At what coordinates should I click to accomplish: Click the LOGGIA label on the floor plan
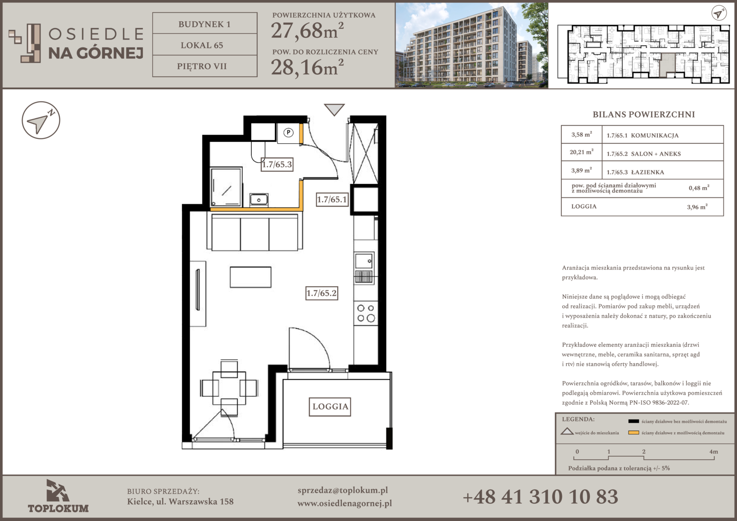point(330,407)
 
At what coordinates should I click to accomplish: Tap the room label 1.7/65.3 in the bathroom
point(277,164)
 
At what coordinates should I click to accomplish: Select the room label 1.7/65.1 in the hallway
point(332,199)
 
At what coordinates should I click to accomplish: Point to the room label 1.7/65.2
point(322,293)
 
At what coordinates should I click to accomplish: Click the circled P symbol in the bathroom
point(288,133)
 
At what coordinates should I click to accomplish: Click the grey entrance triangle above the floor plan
point(334,110)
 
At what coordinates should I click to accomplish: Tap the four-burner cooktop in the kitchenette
point(366,313)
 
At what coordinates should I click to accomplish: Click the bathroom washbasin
point(259,199)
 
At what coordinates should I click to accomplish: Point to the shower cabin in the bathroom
point(226,187)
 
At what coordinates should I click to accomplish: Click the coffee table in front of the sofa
point(251,277)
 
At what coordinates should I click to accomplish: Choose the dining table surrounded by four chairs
point(229,388)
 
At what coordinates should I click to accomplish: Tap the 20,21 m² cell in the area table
point(582,152)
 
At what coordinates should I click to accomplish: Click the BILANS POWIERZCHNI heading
point(643,114)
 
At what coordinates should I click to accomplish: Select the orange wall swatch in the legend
point(633,433)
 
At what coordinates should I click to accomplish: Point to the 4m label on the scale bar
point(714,452)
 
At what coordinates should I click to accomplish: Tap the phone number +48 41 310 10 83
point(541,497)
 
